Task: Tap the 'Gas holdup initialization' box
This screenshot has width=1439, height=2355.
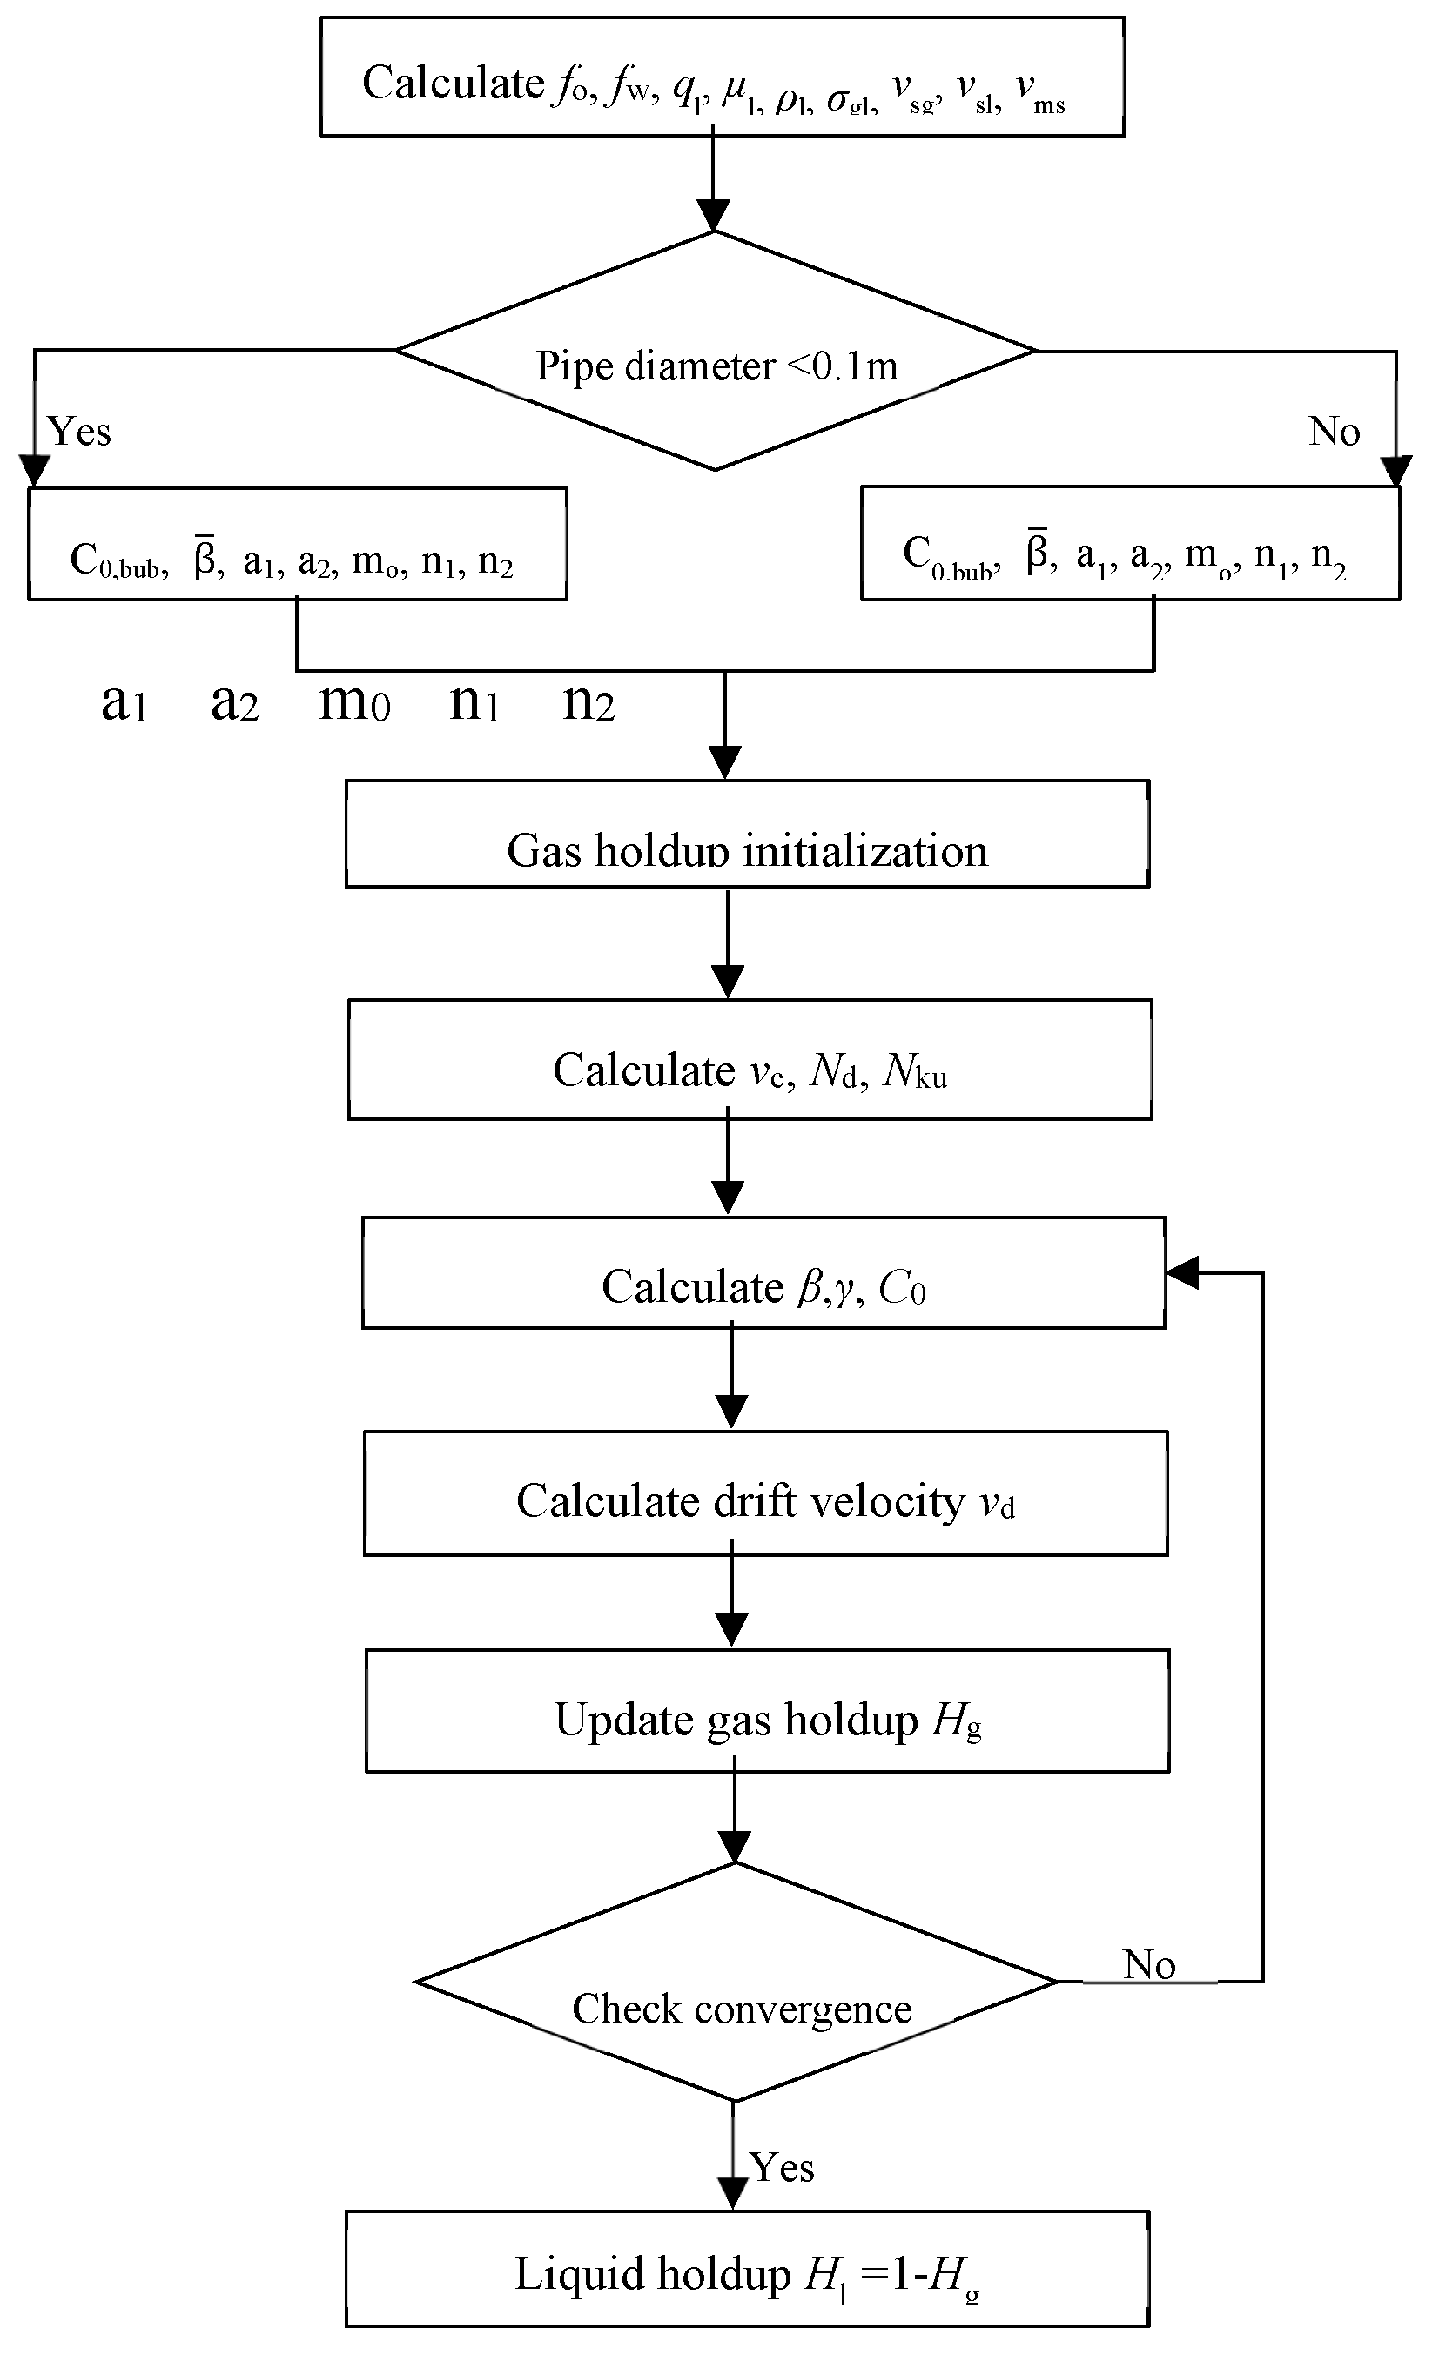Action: click(747, 835)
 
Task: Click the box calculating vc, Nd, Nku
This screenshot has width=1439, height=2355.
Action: click(750, 1060)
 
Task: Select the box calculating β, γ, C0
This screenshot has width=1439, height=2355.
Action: click(763, 1274)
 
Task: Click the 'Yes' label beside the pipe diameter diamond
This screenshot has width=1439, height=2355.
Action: click(79, 432)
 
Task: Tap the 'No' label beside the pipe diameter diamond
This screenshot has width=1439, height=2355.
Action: click(1334, 432)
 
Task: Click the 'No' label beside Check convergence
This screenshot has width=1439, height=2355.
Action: click(1148, 1966)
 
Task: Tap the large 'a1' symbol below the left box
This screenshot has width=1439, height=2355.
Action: click(124, 704)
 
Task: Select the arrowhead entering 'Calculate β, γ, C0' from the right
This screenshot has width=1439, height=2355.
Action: click(1182, 1273)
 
